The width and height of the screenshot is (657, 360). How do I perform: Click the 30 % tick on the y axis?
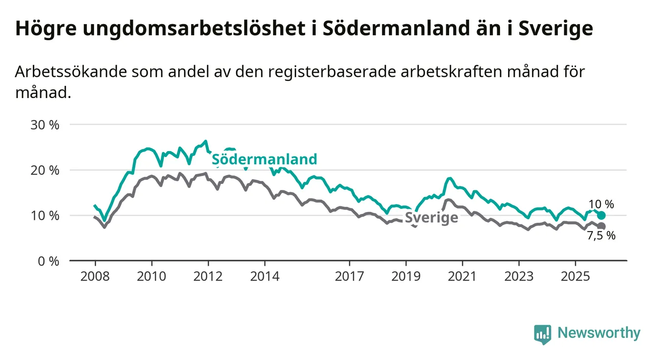pyautogui.click(x=45, y=125)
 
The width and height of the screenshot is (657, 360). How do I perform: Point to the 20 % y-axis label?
pyautogui.click(x=45, y=170)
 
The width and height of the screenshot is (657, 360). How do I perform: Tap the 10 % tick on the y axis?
pyautogui.click(x=45, y=215)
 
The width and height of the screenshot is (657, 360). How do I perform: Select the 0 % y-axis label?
pyautogui.click(x=48, y=261)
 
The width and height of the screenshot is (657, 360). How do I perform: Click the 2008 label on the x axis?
pyautogui.click(x=95, y=276)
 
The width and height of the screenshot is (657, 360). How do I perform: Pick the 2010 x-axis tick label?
pyautogui.click(x=152, y=276)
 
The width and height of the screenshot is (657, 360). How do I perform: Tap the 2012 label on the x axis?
pyautogui.click(x=208, y=276)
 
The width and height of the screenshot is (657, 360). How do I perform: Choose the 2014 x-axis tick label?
pyautogui.click(x=265, y=276)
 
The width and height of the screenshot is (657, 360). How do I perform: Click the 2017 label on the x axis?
pyautogui.click(x=350, y=276)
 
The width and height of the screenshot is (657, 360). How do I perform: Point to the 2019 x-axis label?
pyautogui.click(x=406, y=276)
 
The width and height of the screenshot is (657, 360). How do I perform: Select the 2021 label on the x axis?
pyautogui.click(x=463, y=276)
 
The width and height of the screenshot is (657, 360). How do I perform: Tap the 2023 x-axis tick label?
pyautogui.click(x=519, y=276)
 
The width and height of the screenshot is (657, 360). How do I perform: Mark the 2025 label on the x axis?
pyautogui.click(x=576, y=276)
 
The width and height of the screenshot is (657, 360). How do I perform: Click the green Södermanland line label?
pyautogui.click(x=264, y=159)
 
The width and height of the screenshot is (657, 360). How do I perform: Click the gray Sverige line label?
pyautogui.click(x=431, y=218)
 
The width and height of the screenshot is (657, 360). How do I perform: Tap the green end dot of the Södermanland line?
pyautogui.click(x=602, y=215)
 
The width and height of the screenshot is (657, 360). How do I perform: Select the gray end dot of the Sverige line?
pyautogui.click(x=602, y=226)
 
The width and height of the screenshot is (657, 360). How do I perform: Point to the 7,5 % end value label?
pyautogui.click(x=601, y=235)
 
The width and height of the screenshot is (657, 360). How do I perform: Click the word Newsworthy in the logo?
pyautogui.click(x=599, y=334)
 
